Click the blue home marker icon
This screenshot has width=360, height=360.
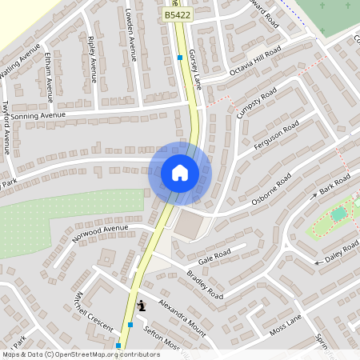pos(180,173)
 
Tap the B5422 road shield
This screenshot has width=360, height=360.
pos(177,14)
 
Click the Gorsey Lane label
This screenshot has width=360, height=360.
pos(194,68)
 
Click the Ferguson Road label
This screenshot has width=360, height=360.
pos(277,134)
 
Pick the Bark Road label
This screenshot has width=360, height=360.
pos(335,187)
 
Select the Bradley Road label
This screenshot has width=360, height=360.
pos(205,282)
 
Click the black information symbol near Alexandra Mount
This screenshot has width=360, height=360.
pos(142,305)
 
